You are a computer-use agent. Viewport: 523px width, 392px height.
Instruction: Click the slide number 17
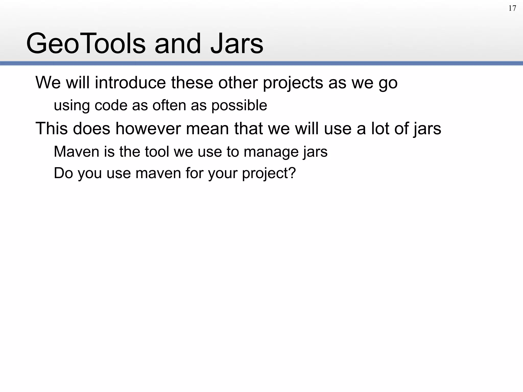pos(512,8)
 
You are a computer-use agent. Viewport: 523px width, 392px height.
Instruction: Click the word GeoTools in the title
pos(86,43)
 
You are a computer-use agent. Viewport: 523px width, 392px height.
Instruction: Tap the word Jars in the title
pos(236,43)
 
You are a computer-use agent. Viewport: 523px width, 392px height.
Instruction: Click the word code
pos(111,105)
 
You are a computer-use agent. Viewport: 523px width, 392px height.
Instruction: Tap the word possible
pos(239,105)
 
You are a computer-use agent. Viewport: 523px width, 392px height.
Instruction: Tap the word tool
pos(157,152)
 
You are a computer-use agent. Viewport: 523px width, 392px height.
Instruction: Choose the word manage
pos(271,152)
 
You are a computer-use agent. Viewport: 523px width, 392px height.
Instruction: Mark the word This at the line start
pos(52,128)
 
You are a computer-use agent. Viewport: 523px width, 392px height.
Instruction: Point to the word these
pos(192,83)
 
